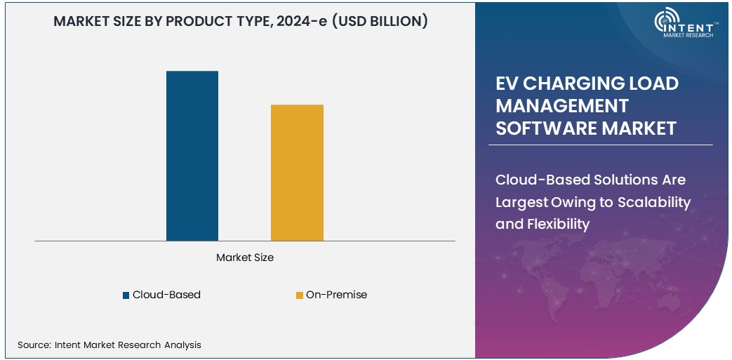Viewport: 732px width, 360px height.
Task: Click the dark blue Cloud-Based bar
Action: coord(192,156)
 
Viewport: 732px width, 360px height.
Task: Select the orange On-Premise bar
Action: coord(297,173)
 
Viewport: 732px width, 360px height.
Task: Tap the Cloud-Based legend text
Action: coord(166,295)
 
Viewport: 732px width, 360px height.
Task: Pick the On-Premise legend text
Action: coord(336,295)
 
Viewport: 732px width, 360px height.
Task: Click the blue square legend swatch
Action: coord(126,295)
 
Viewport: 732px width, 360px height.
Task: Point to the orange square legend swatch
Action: coord(300,295)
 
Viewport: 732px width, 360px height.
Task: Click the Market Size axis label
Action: coord(245,258)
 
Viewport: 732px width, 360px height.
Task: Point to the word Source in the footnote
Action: coord(32,345)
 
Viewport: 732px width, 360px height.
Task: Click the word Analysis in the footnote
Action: coord(181,345)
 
